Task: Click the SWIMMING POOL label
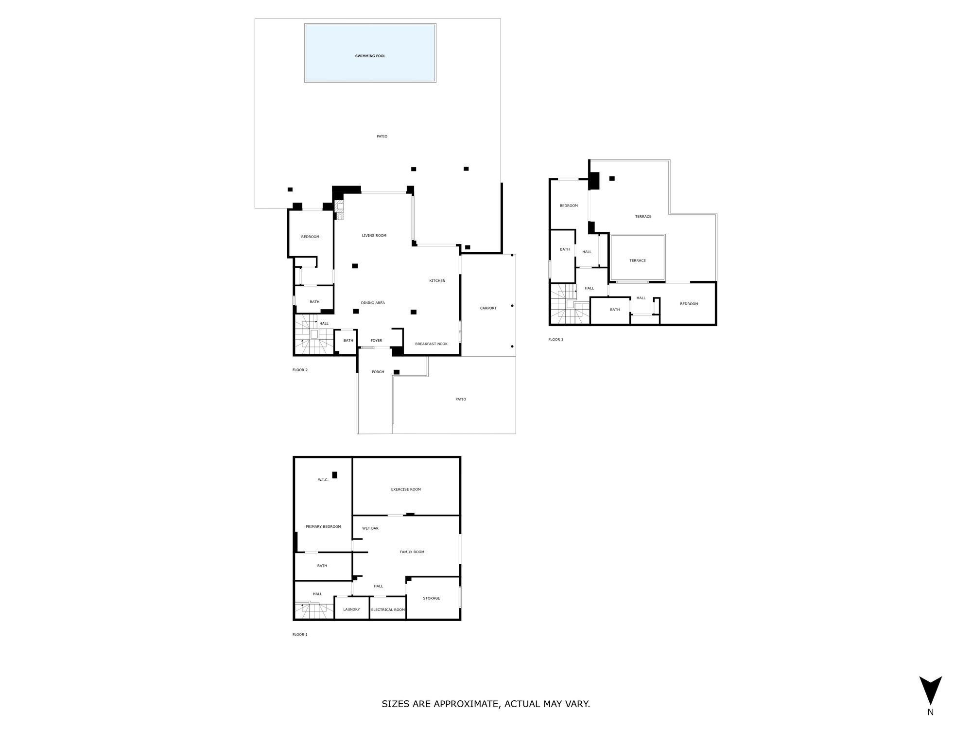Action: pos(370,56)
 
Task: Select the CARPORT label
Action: pos(488,308)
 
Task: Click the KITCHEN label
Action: pos(437,281)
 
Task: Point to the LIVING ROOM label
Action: pos(374,236)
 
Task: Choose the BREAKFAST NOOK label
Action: pos(431,344)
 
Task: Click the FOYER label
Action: pos(376,341)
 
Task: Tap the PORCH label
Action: pos(378,372)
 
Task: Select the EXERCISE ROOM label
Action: pos(406,489)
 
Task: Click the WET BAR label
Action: pos(370,528)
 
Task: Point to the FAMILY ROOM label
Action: pos(412,552)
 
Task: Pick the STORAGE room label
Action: pos(431,598)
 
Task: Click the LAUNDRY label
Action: pos(351,609)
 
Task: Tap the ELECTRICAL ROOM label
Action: pos(388,610)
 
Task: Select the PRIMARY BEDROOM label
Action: pos(323,527)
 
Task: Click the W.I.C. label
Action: pos(323,480)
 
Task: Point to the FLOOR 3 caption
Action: pos(555,340)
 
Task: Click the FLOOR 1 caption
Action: pos(300,635)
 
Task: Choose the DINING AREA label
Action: pos(373,303)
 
